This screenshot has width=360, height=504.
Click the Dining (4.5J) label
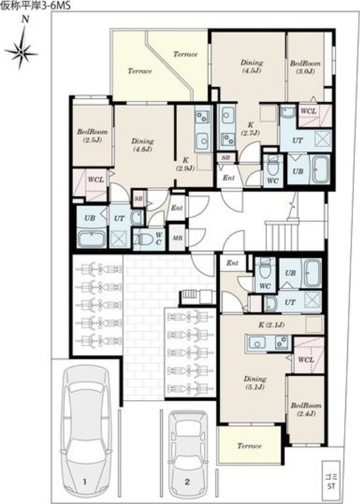click(252, 66)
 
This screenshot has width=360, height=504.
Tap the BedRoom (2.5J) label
click(92, 135)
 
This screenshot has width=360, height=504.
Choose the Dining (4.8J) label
click(142, 145)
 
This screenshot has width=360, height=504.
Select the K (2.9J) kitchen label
click(185, 164)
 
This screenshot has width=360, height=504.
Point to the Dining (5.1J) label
click(255, 383)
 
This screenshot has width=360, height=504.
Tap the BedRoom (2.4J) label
click(306, 409)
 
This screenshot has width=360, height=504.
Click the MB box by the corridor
click(177, 238)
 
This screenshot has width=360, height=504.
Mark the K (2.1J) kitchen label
click(271, 325)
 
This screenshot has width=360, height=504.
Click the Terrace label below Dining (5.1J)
click(249, 446)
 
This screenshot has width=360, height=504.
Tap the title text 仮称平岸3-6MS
click(35, 6)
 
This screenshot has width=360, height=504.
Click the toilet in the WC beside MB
click(145, 239)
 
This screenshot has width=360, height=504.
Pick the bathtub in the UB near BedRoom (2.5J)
click(92, 239)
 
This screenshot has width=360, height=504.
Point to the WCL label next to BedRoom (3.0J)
click(308, 112)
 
